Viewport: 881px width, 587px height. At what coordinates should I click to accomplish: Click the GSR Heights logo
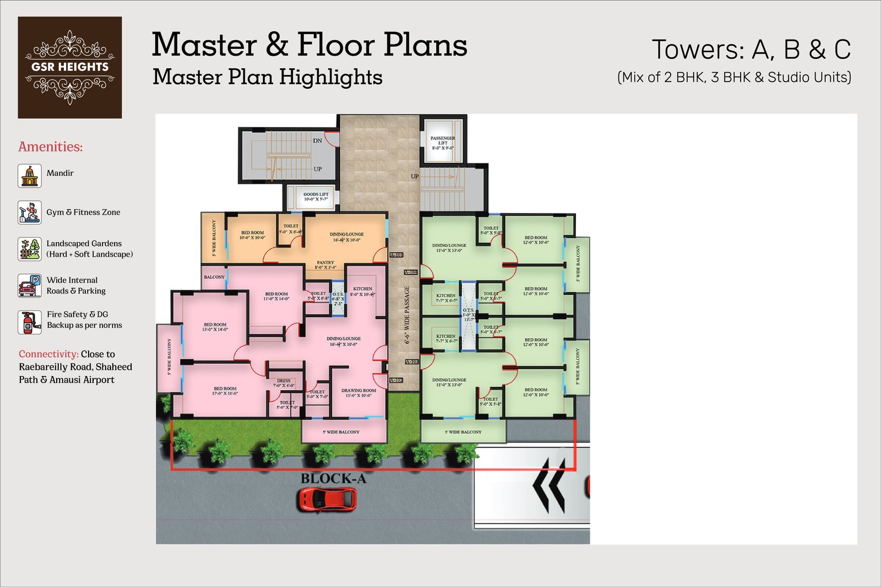point(70,67)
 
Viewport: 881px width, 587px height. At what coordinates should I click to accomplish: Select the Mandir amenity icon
point(30,176)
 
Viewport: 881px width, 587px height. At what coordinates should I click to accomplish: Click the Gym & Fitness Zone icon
point(30,212)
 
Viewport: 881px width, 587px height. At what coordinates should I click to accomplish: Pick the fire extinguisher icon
point(30,322)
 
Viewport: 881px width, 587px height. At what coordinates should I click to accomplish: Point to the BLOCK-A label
point(333,479)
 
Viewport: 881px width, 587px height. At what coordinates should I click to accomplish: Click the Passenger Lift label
point(443,143)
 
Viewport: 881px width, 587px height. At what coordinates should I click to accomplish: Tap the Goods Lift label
point(316,196)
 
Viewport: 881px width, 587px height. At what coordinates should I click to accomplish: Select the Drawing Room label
point(358,393)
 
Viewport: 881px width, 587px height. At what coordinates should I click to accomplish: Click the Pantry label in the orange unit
point(325,265)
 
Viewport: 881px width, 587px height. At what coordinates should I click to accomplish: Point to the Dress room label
point(284,383)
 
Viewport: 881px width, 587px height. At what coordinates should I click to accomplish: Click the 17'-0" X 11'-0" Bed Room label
point(225,391)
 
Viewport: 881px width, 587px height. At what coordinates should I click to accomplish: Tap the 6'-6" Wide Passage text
point(407,315)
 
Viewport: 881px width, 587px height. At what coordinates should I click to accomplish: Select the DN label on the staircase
point(318,141)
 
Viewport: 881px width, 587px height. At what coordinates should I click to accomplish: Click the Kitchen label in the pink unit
point(363,291)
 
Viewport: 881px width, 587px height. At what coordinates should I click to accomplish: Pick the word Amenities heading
point(50,147)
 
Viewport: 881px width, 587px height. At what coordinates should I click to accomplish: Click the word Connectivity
point(48,354)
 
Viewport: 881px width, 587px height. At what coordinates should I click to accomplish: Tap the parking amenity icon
point(30,286)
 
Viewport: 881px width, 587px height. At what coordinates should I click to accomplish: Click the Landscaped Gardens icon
point(30,249)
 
